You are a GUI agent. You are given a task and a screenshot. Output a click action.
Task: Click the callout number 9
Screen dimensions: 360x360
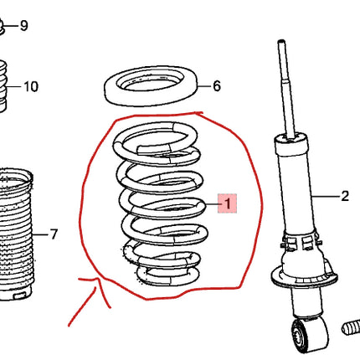[23, 26]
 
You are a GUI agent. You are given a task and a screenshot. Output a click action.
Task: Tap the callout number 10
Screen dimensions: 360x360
[31, 86]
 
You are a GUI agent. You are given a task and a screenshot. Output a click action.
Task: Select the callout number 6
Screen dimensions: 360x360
[216, 86]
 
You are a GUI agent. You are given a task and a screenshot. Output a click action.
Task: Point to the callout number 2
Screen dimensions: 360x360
[344, 197]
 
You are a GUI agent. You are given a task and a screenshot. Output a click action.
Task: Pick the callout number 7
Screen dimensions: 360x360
[54, 234]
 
